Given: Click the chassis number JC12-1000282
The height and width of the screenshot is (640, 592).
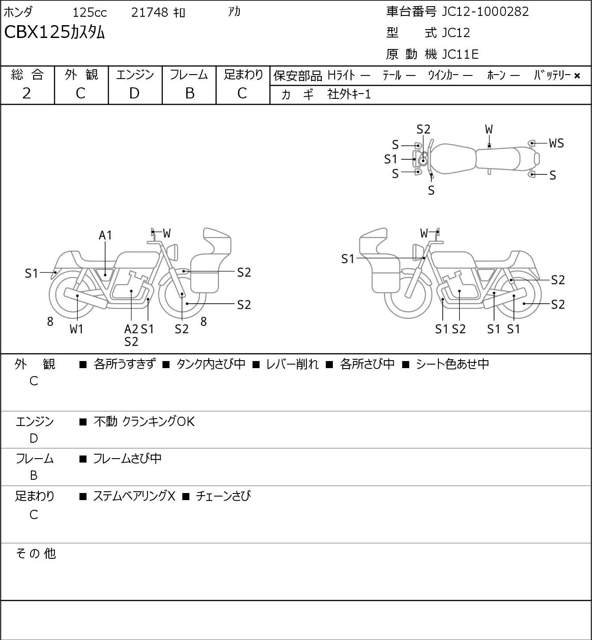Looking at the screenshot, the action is (x=485, y=12).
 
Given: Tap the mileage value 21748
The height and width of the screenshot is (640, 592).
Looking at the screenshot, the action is (x=150, y=12).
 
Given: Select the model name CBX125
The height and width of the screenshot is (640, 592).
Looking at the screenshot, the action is (x=37, y=33).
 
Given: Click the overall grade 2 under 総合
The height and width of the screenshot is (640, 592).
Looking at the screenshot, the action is (x=27, y=94).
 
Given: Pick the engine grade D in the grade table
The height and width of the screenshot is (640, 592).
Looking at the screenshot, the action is (x=134, y=94).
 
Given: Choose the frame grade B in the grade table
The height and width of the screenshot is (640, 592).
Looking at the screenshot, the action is (x=189, y=94).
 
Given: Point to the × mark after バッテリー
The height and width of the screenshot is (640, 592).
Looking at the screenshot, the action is (x=577, y=76).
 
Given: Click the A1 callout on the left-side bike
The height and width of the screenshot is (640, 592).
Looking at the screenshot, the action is (x=105, y=235).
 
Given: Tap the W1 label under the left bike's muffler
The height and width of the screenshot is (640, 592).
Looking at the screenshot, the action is (x=76, y=329).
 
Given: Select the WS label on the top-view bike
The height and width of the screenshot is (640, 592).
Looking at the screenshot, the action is (x=557, y=143).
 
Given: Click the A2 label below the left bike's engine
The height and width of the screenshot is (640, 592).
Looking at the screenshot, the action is (x=131, y=329).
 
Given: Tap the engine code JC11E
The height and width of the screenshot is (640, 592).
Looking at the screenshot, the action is (x=460, y=54).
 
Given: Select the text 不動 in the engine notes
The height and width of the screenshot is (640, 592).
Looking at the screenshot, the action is (x=106, y=422).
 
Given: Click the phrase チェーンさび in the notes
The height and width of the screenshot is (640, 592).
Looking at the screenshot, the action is (x=223, y=496).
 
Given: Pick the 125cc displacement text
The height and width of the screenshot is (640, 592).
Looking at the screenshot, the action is (x=89, y=12).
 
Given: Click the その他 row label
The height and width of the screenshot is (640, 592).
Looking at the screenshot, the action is (x=36, y=553).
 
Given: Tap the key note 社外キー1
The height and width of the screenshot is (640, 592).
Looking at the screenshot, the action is (x=349, y=94).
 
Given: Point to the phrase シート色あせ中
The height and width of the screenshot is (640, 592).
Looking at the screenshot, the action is (x=452, y=364).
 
